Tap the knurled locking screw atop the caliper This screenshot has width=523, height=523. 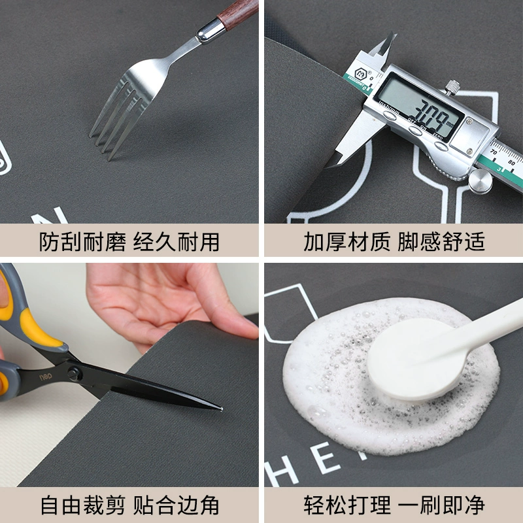tap(452, 84)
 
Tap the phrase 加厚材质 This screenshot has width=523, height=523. tap(346, 242)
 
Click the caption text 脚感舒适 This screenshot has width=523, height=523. tap(442, 242)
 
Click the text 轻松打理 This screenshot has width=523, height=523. tap(346, 505)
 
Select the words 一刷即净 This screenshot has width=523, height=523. tap(442, 505)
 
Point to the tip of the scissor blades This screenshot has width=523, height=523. tap(222, 409)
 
